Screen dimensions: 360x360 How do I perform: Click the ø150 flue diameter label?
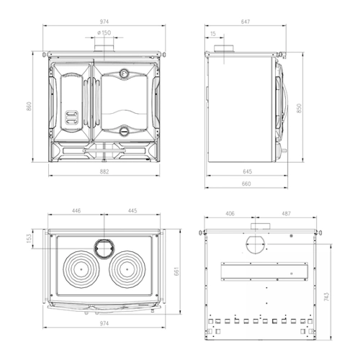pyautogui.click(x=104, y=32)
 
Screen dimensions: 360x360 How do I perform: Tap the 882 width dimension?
pyautogui.click(x=104, y=171)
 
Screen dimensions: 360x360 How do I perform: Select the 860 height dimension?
pyautogui.click(x=29, y=107)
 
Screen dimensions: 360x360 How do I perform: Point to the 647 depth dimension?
pyautogui.click(x=246, y=22)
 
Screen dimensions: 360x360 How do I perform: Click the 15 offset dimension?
pyautogui.click(x=213, y=34)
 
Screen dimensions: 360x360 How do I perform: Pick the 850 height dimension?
pyautogui.click(x=299, y=108)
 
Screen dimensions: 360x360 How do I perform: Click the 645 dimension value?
pyautogui.click(x=247, y=171)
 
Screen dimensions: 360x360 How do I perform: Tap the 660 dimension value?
pyautogui.click(x=246, y=184)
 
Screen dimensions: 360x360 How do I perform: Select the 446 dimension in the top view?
pyautogui.click(x=76, y=211)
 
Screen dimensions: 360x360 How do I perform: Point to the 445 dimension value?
pyautogui.click(x=132, y=211)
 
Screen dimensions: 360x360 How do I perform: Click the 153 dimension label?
pyautogui.click(x=29, y=238)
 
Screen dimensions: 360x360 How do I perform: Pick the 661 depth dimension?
pyautogui.click(x=176, y=271)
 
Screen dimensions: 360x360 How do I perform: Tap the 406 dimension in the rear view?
pyautogui.click(x=230, y=214)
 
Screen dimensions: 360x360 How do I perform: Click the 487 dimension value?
pyautogui.click(x=286, y=214)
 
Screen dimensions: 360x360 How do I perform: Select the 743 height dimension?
pyautogui.click(x=326, y=297)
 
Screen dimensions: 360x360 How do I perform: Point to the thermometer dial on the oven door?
pyautogui.click(x=124, y=73)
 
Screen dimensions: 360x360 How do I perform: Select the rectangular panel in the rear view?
pyautogui.click(x=264, y=271)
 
